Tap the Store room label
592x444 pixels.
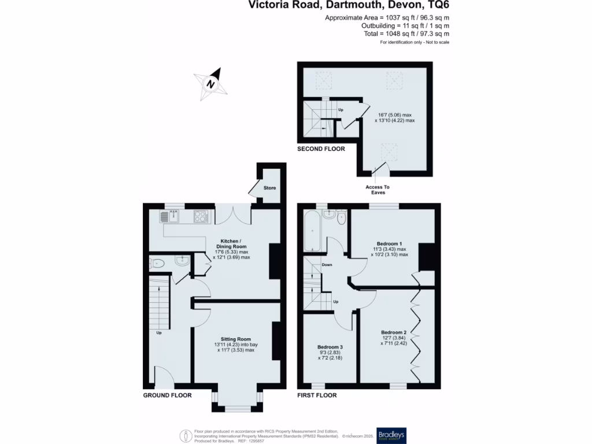point(270,188)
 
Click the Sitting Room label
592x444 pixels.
point(235,339)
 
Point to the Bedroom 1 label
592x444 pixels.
point(390,243)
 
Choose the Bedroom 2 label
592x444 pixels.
point(394,332)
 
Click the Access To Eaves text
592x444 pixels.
point(378,190)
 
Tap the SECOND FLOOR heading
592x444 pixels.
point(321,149)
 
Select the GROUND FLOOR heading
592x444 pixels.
point(167,395)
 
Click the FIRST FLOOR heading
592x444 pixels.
point(317,395)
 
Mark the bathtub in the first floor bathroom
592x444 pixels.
point(312,231)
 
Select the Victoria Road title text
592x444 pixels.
point(349,6)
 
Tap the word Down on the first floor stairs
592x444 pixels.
point(327,265)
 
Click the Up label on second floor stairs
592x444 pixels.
point(341,110)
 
